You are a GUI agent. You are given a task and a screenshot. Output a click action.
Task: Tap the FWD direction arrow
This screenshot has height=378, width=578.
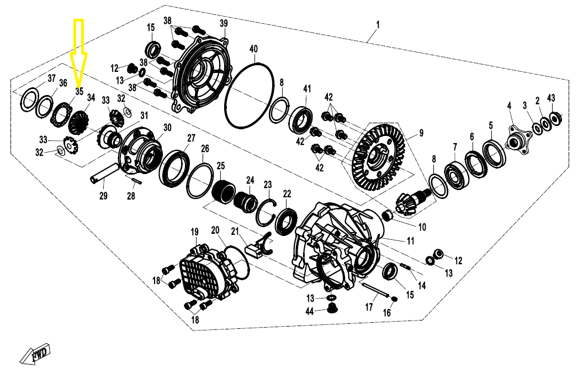[34, 355]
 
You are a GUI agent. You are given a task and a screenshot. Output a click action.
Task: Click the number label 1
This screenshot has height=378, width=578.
[378, 24]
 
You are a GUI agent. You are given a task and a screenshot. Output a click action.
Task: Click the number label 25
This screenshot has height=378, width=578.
[221, 166]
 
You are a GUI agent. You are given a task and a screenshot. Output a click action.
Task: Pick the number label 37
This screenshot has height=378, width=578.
[52, 78]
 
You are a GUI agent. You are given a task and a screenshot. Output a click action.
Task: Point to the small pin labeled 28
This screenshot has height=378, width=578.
[136, 179]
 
